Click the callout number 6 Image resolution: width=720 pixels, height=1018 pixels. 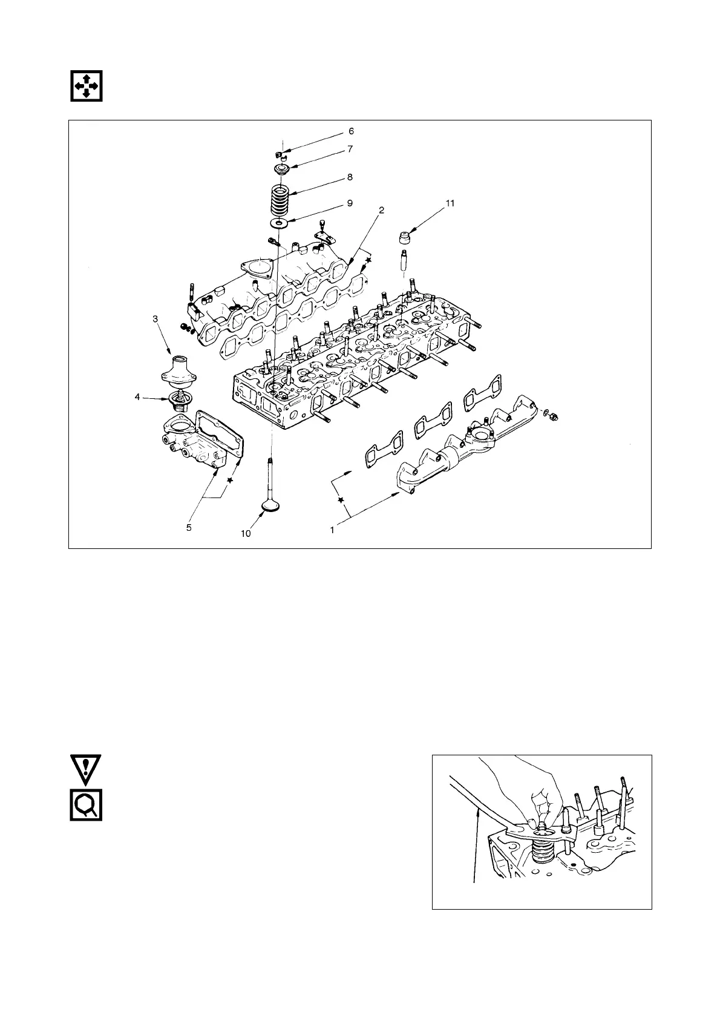pyautogui.click(x=351, y=131)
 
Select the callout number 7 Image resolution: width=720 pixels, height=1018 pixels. pyautogui.click(x=350, y=149)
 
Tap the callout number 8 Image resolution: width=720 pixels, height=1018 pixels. pyautogui.click(x=350, y=177)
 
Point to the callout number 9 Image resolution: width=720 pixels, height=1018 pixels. pyautogui.click(x=350, y=203)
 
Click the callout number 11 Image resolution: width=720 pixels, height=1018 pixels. pyautogui.click(x=450, y=203)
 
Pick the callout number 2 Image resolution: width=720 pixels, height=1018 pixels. pyautogui.click(x=381, y=209)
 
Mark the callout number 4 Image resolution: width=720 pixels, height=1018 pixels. pyautogui.click(x=137, y=397)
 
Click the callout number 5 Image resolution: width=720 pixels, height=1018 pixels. pyautogui.click(x=189, y=528)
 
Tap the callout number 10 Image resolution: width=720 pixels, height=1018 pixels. pyautogui.click(x=245, y=534)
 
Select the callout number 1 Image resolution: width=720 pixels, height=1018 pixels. pyautogui.click(x=332, y=530)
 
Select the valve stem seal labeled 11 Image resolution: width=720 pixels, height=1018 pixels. pyautogui.click(x=404, y=235)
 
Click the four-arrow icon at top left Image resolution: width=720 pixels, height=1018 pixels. pyautogui.click(x=85, y=86)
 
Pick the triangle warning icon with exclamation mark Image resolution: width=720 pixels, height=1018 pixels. pyautogui.click(x=85, y=769)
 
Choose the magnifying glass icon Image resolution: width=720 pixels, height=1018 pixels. pyautogui.click(x=85, y=804)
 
